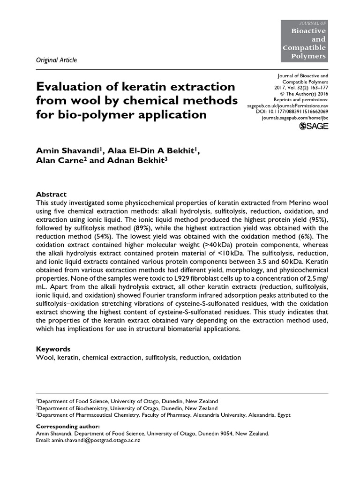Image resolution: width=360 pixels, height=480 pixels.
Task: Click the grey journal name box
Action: (x=304, y=41)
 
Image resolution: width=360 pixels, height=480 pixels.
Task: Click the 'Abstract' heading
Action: (x=51, y=194)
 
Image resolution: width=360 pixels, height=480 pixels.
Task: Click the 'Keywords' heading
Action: (x=53, y=349)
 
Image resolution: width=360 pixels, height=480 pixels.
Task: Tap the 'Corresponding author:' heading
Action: (x=67, y=427)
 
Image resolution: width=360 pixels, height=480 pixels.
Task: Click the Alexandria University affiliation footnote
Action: (x=164, y=415)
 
